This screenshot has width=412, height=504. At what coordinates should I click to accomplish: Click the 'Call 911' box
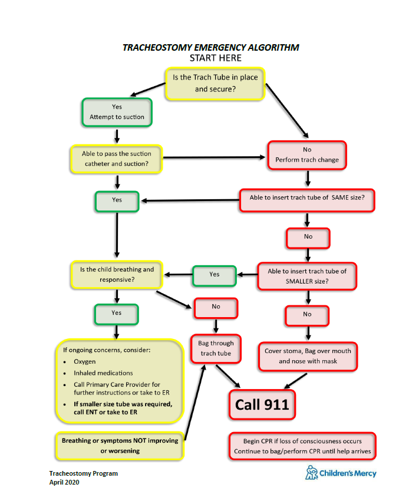click(262, 404)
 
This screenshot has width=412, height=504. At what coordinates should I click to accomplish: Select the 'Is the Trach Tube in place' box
click(215, 83)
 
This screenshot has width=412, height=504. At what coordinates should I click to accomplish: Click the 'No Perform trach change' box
click(307, 155)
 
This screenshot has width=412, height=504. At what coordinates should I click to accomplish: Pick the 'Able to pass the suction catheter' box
click(116, 159)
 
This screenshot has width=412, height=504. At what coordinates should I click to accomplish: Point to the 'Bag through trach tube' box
click(215, 348)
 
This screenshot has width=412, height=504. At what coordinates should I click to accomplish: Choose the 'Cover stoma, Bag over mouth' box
click(307, 356)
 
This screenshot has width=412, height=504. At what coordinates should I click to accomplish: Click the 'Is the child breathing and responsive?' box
click(117, 274)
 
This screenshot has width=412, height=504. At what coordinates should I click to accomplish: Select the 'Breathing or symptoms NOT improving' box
click(120, 445)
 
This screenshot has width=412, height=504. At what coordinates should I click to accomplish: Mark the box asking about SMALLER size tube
click(307, 276)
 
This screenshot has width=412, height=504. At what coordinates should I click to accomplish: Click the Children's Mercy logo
click(340, 473)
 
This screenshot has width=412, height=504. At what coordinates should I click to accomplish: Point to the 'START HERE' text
click(215, 58)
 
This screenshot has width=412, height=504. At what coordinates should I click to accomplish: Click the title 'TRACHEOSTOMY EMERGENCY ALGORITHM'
click(210, 47)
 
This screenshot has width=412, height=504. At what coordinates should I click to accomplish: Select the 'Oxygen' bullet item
click(85, 361)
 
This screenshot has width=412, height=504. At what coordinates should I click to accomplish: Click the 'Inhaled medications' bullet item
click(103, 373)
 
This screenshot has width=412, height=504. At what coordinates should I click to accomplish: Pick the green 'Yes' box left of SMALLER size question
click(214, 274)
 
